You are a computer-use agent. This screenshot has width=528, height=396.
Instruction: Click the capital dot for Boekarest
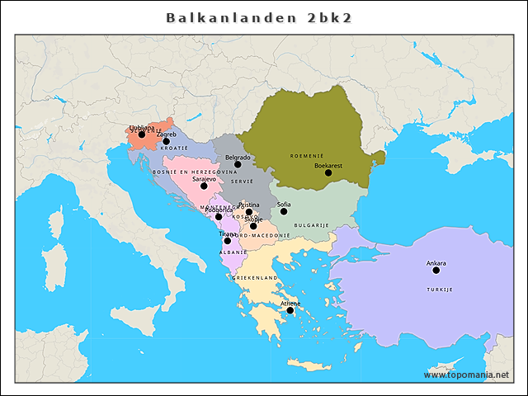pyautogui.click(x=328, y=172)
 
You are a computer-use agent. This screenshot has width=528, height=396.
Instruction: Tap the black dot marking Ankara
pyautogui.click(x=436, y=270)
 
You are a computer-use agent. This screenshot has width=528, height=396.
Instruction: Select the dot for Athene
pyautogui.click(x=290, y=310)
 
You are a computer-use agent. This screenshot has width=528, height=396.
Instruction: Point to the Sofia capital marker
pyautogui.click(x=284, y=211)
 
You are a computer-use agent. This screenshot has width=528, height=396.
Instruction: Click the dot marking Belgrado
pyautogui.click(x=238, y=164)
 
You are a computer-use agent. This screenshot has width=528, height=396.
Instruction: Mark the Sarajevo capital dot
pyautogui.click(x=204, y=186)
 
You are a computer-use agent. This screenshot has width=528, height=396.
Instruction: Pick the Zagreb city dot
pyautogui.click(x=166, y=141)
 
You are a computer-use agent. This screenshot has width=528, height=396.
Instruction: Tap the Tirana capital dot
pyautogui.click(x=228, y=241)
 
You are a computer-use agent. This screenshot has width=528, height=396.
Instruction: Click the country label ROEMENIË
pyautogui.click(x=307, y=155)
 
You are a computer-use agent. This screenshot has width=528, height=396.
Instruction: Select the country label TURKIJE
pyautogui.click(x=440, y=290)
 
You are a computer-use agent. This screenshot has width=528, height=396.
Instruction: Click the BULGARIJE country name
pyautogui.click(x=312, y=224)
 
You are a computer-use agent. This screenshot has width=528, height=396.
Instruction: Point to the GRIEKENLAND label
pyautogui.click(x=254, y=278)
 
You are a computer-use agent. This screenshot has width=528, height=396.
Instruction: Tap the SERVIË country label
pyautogui.click(x=243, y=181)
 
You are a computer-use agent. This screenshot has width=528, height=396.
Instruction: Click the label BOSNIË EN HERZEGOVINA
pyautogui.click(x=195, y=172)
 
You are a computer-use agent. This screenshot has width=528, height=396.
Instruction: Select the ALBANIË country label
pyautogui.click(x=233, y=252)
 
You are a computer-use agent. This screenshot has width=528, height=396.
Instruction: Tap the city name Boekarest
pyautogui.click(x=328, y=165)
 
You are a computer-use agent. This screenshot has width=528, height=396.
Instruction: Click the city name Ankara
pyautogui.click(x=436, y=262)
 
